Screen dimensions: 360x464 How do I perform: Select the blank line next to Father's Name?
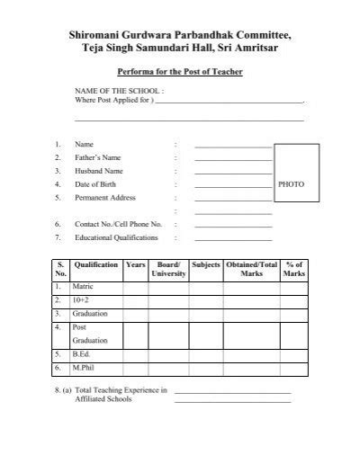232,157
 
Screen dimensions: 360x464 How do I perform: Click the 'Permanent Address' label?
104,196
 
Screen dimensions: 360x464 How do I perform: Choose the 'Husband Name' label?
98,170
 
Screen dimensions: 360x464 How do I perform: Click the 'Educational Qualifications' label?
116,237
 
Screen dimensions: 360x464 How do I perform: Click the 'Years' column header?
136,266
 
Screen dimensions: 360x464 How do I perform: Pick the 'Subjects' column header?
206,266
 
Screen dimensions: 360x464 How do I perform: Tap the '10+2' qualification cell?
80,299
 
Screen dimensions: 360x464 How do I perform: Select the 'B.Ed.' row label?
81,354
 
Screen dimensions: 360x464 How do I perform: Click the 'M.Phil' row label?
83,368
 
